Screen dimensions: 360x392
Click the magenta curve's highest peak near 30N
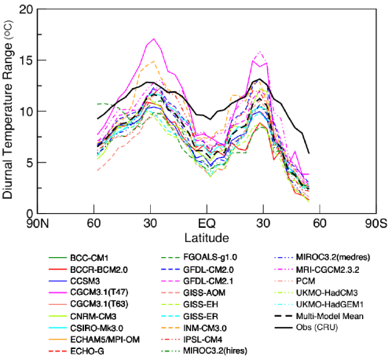pos(154,39)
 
